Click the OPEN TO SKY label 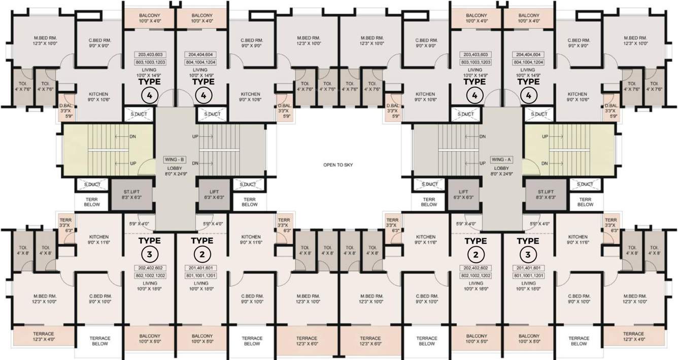(337, 165)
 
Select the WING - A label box (501, 159)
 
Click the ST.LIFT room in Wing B (131, 194)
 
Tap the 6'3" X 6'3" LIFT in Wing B (212, 194)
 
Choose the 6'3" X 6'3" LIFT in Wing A (464, 194)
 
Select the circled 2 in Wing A (476, 254)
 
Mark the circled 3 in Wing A (528, 254)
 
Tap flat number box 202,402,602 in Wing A (476, 268)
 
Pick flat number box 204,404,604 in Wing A (528, 54)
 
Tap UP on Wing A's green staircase (545, 137)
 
